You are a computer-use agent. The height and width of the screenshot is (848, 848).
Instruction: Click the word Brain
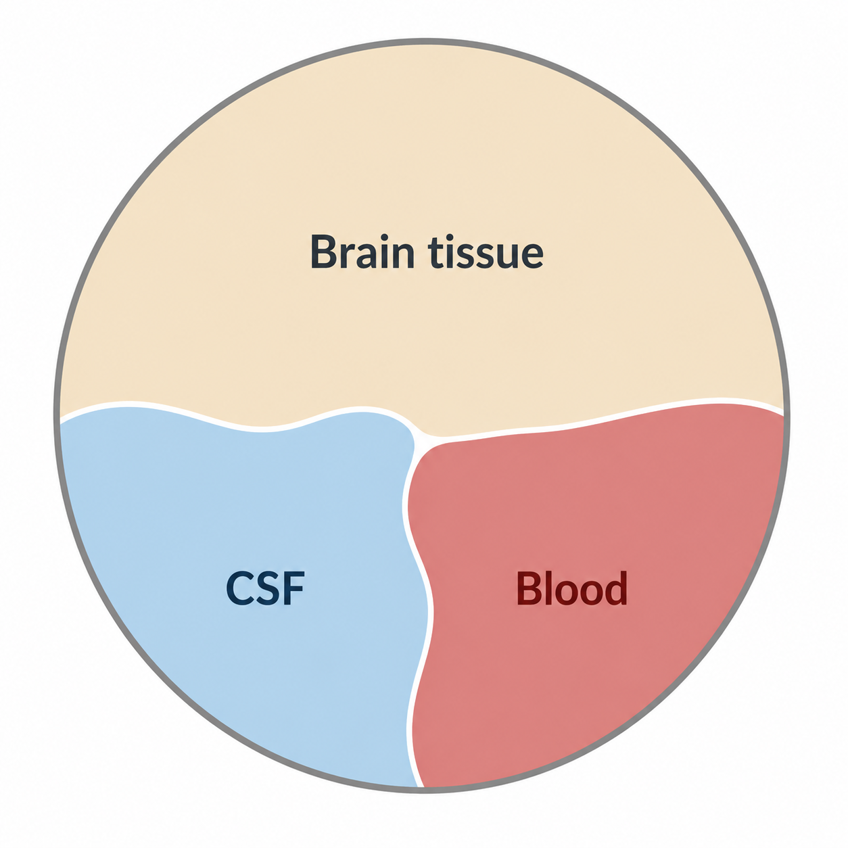pyautogui.click(x=362, y=252)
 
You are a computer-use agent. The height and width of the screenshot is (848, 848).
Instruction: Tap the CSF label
pyautogui.click(x=265, y=588)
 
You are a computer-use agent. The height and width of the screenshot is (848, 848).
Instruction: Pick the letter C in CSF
pyautogui.click(x=240, y=589)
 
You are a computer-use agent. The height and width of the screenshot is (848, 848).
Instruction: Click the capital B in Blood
pyautogui.click(x=529, y=588)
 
